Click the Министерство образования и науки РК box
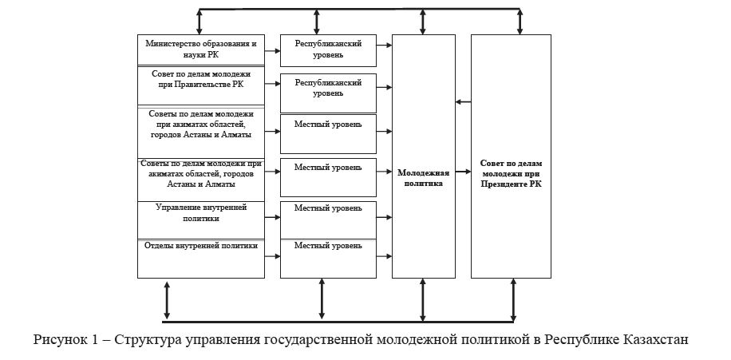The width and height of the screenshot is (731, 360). pyautogui.click(x=200, y=49)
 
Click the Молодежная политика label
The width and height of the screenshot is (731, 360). pyautogui.click(x=423, y=177)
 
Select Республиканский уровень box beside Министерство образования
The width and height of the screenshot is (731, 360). pyautogui.click(x=328, y=49)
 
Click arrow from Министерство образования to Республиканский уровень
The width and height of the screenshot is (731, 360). pyautogui.click(x=272, y=49)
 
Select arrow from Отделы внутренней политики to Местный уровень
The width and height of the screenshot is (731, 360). pyautogui.click(x=272, y=255)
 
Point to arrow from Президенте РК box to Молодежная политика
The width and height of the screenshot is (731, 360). pyautogui.click(x=463, y=101)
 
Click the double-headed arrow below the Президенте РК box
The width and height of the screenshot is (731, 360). pyautogui.click(x=512, y=300)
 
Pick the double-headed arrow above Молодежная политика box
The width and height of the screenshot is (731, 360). pyautogui.click(x=424, y=22)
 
